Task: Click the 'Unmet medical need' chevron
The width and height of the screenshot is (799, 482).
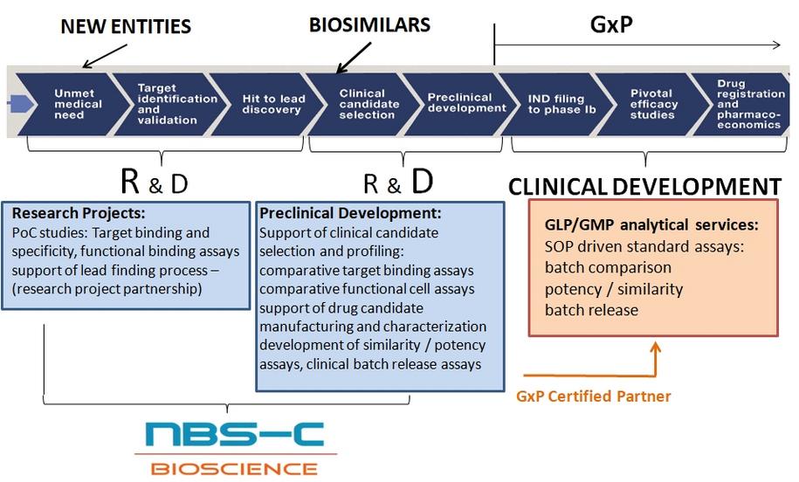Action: (72, 104)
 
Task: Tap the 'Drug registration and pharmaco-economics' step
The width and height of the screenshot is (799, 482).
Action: (747, 104)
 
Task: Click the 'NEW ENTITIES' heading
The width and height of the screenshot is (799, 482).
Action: (126, 26)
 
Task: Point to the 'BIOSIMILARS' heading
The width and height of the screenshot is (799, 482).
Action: (370, 25)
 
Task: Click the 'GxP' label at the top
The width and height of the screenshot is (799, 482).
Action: (611, 24)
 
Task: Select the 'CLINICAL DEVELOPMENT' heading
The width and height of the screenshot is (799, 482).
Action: (644, 187)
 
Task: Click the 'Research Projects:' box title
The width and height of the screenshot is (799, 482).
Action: (79, 213)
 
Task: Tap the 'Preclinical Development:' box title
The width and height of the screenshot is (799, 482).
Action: (350, 213)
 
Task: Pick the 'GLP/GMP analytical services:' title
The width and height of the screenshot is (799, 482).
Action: (651, 224)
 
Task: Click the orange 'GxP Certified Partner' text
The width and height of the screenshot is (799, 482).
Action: (594, 396)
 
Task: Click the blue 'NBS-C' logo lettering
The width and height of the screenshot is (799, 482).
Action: (234, 434)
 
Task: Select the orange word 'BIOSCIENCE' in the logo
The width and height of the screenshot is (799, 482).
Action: (234, 468)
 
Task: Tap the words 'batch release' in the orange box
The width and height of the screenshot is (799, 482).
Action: (591, 310)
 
